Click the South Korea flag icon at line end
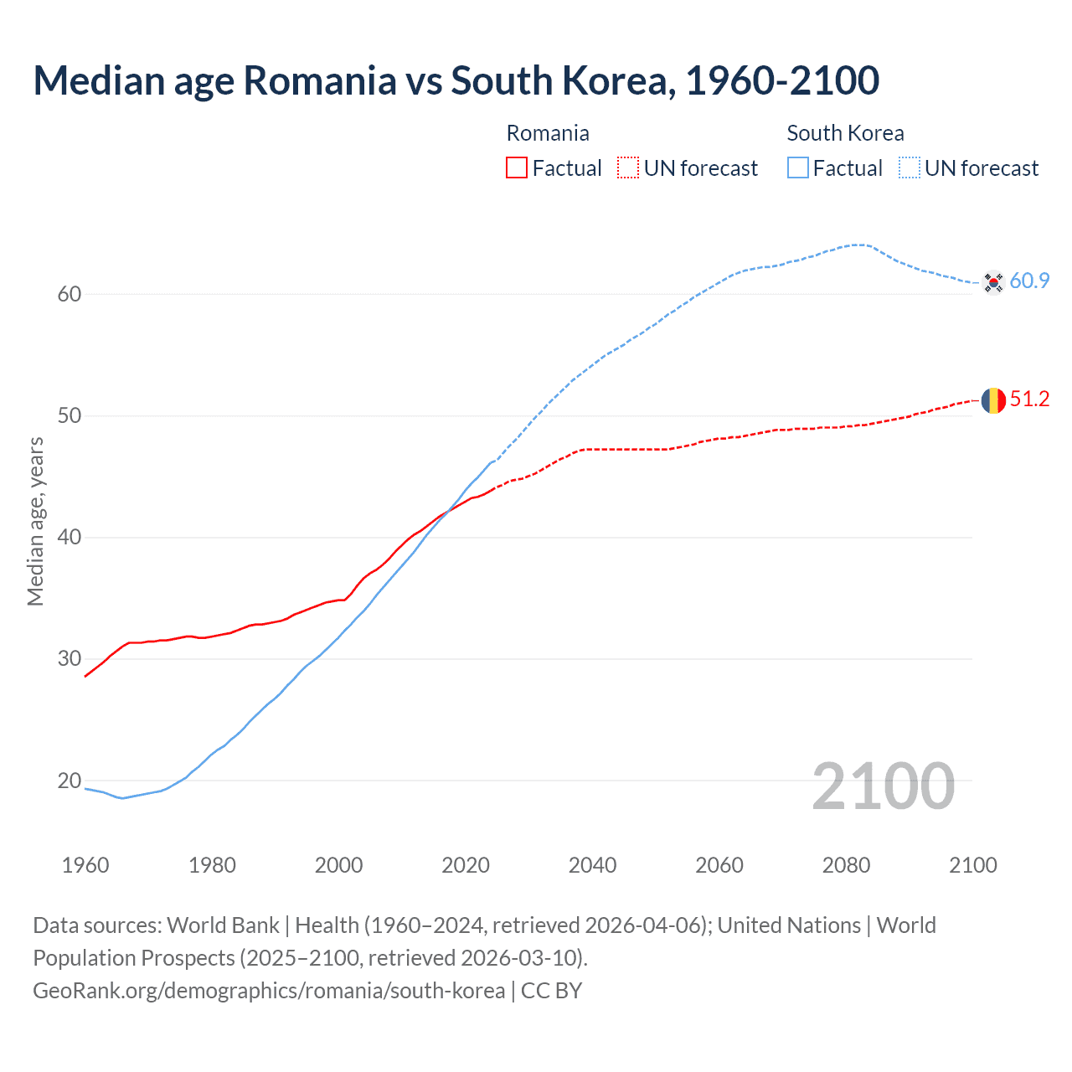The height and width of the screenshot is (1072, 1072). (993, 282)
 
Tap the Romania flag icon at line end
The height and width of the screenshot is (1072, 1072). (993, 400)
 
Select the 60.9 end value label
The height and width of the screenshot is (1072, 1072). (1029, 281)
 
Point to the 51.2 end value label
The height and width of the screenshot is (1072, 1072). (1029, 399)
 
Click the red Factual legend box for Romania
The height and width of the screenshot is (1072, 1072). (517, 168)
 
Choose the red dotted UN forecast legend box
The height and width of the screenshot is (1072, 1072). (628, 168)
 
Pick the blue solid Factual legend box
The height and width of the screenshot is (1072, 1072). (798, 168)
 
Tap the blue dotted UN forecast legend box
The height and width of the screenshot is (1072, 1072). (910, 168)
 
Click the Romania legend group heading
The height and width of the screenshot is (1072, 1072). (548, 133)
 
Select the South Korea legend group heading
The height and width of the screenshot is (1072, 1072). (845, 133)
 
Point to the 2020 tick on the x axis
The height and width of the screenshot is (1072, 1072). (466, 865)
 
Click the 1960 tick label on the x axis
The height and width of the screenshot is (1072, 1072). (85, 865)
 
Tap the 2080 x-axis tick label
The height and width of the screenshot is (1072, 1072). (846, 865)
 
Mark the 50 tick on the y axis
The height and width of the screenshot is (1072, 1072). (70, 416)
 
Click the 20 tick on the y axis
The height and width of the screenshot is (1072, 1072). (70, 781)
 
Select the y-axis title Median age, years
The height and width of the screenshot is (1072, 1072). (35, 521)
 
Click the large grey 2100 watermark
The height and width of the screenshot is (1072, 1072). (883, 786)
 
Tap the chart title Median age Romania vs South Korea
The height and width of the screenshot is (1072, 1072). (456, 80)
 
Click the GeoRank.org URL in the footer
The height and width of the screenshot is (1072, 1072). (269, 991)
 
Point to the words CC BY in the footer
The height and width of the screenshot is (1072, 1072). (551, 991)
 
